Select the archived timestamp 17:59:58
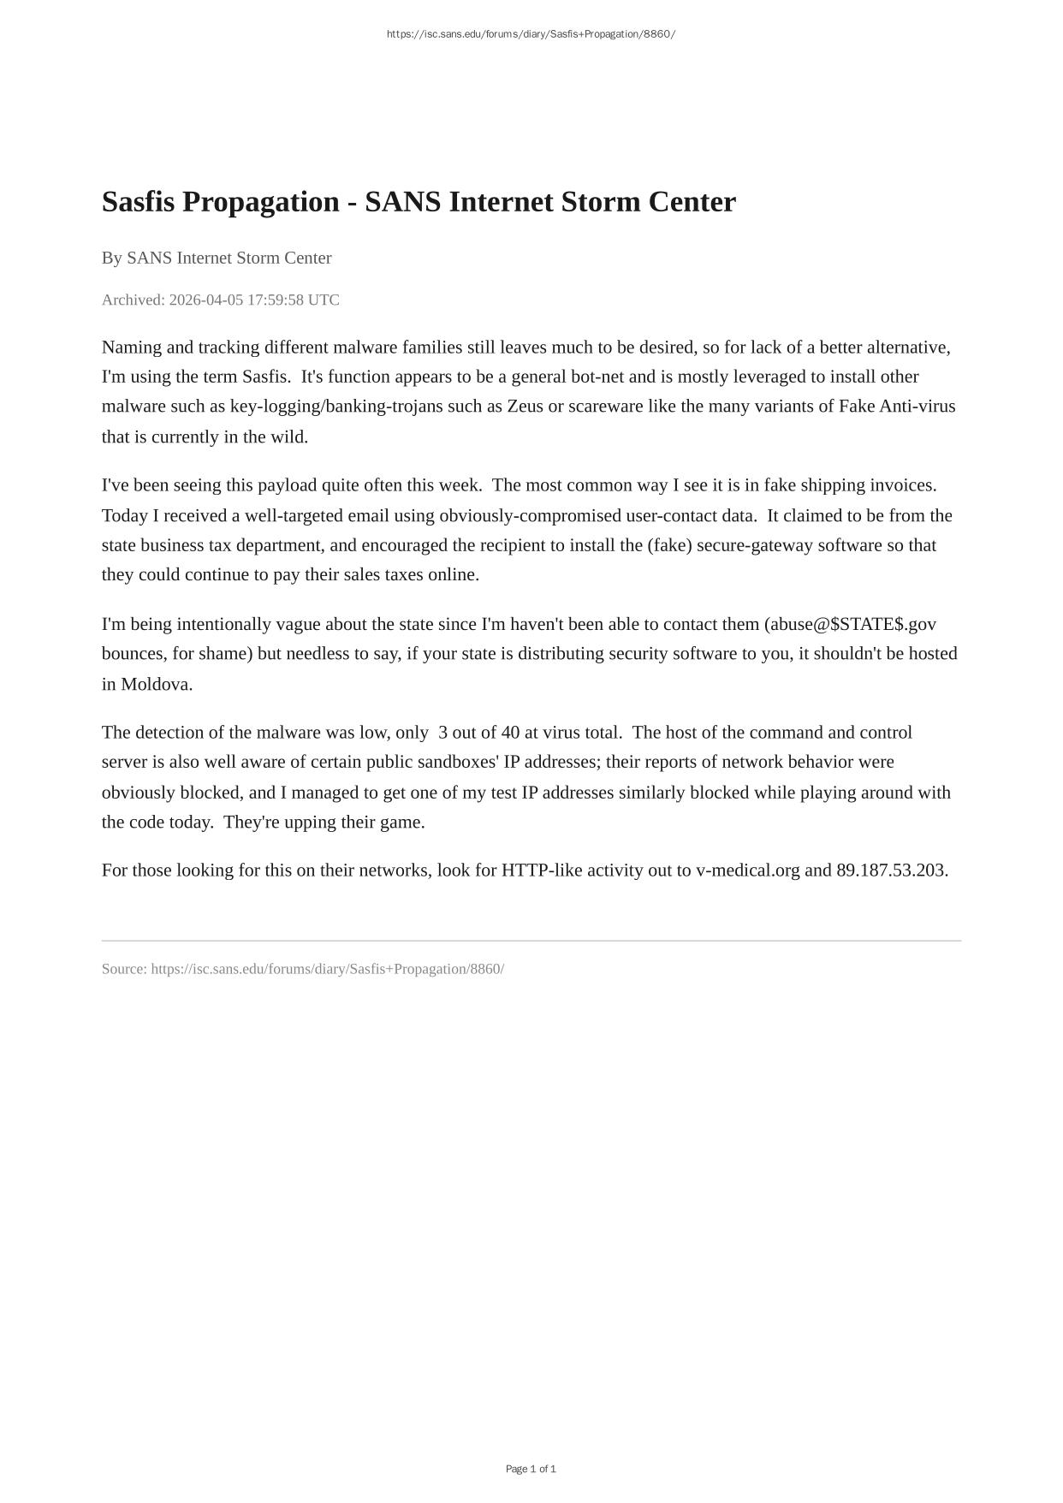276,300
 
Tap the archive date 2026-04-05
206,300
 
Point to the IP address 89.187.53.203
890,870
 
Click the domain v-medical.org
747,870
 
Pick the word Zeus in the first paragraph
525,406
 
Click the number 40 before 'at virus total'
510,733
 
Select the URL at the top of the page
531,34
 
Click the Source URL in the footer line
327,969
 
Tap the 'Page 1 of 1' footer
531,1469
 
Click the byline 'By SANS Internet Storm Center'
217,258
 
